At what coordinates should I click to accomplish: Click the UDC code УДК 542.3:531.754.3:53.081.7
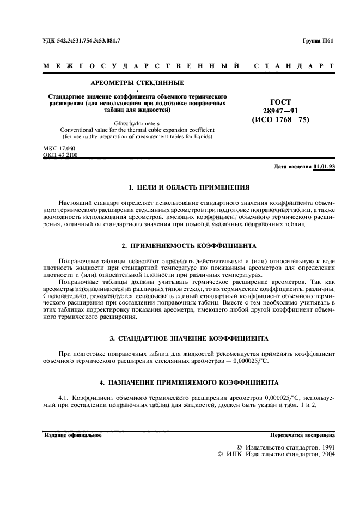click(x=81, y=40)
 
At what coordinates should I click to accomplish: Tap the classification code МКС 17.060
click(x=59, y=148)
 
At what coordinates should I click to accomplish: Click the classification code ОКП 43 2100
click(x=60, y=155)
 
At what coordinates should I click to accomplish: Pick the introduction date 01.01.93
click(x=324, y=167)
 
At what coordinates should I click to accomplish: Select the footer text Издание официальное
click(x=73, y=435)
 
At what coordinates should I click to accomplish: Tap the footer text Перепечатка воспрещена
click(x=302, y=435)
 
